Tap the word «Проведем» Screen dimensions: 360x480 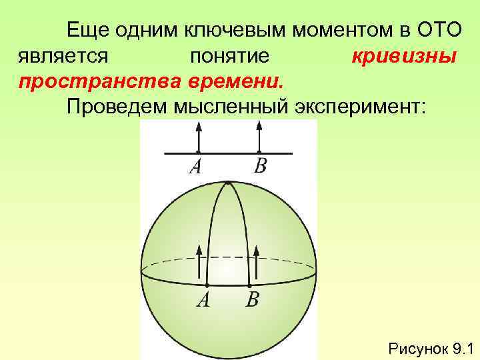(110, 106)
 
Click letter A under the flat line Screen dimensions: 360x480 (195, 167)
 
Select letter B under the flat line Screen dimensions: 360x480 (259, 166)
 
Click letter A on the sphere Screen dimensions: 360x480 (203, 300)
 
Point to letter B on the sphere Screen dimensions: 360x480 (253, 300)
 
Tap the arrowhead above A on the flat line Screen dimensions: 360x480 (198, 128)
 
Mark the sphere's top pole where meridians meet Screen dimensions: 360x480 (229, 182)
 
